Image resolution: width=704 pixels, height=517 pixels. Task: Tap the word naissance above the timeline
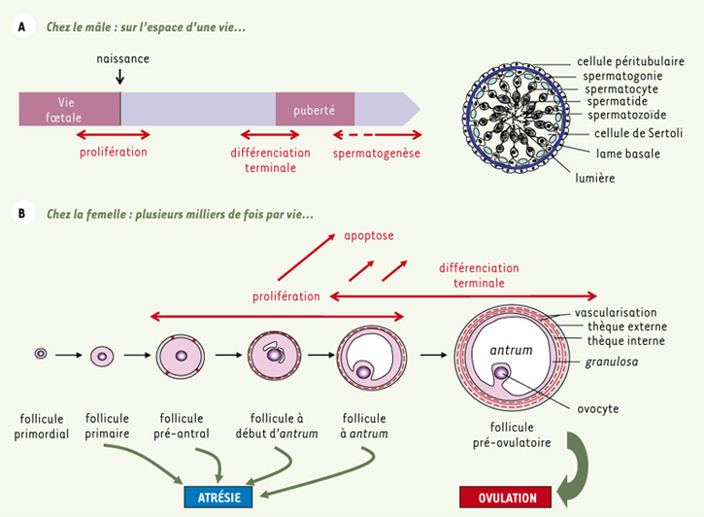(123, 59)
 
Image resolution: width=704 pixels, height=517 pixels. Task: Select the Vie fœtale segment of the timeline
(69, 108)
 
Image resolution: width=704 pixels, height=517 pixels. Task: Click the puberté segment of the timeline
(315, 109)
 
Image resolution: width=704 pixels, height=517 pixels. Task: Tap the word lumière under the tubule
(594, 178)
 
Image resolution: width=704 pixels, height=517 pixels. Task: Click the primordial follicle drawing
(41, 355)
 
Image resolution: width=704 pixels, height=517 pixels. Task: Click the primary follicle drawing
(102, 357)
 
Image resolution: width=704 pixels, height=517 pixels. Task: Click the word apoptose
(370, 236)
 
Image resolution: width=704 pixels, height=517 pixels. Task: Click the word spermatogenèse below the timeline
(376, 153)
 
